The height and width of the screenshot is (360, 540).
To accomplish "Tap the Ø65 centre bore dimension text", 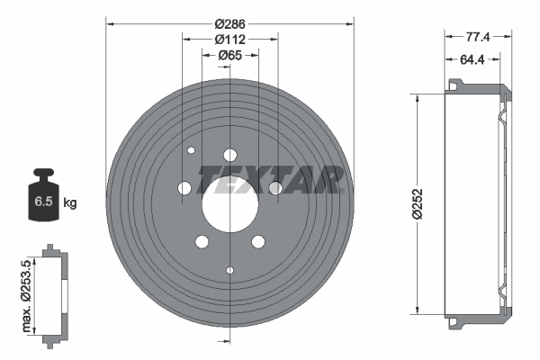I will tap(230, 56).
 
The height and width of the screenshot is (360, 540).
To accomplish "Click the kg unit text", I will tap(70, 202).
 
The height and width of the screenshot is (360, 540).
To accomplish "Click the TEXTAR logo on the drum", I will tap(271, 179).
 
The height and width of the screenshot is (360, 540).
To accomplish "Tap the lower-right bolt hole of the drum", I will tap(258, 241).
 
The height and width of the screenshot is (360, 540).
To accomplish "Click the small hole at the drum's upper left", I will tap(191, 150).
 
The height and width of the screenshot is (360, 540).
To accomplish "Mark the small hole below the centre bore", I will tap(230, 270).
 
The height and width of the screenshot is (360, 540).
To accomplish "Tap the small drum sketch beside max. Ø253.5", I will tap(54, 292).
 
